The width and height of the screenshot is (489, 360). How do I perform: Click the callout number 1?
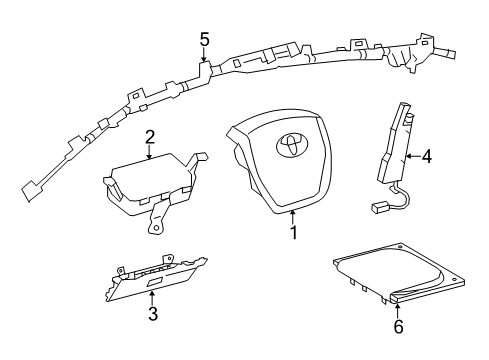click(294, 233)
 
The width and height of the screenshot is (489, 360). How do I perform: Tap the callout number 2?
click(150, 137)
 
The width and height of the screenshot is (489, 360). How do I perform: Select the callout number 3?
click(153, 314)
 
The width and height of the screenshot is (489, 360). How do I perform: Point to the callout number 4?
click(427, 156)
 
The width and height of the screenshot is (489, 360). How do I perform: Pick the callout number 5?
click(205, 39)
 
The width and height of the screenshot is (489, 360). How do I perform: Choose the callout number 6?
click(399, 326)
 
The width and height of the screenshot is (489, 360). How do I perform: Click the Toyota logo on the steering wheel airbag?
click(292, 145)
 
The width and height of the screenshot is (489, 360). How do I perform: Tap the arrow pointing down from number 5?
click(204, 55)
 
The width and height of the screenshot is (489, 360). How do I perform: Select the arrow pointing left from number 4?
click(413, 156)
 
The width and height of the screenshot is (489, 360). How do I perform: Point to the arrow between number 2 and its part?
click(149, 152)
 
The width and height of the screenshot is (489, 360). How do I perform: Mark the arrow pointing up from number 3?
click(152, 298)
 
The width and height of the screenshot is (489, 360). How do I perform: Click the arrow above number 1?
click(293, 217)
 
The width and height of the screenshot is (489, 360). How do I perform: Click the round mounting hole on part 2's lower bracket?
click(155, 228)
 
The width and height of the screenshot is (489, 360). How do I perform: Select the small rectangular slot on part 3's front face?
click(153, 283)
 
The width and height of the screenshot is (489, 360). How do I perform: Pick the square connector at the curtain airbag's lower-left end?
click(31, 191)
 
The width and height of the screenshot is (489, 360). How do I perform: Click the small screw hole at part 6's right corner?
click(454, 279)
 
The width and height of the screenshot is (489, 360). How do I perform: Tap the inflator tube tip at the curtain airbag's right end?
click(451, 54)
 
